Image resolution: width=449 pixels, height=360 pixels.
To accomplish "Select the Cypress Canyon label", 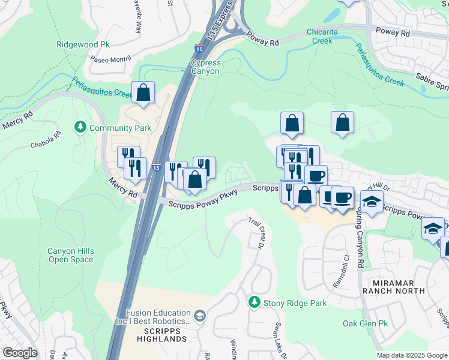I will coord(205,67).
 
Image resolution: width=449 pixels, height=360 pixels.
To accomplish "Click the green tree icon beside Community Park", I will coord(80,127).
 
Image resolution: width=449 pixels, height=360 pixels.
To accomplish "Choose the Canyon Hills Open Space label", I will coord(71,255).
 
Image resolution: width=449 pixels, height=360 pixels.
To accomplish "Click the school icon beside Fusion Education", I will coord(200,315).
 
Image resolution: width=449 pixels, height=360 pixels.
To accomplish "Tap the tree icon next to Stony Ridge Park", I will coord(255,302).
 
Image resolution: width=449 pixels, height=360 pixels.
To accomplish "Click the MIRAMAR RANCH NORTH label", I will coord(394,286).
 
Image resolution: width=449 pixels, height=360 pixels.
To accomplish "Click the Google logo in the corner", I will coord(20,353).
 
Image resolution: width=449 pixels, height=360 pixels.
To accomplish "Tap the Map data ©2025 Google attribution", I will coord(412,355).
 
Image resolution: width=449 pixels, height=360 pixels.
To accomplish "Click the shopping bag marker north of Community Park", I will coord(143,93).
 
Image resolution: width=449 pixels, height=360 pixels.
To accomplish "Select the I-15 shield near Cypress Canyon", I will coord(198,47).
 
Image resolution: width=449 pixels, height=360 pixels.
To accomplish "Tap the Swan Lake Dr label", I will coord(279,340).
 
